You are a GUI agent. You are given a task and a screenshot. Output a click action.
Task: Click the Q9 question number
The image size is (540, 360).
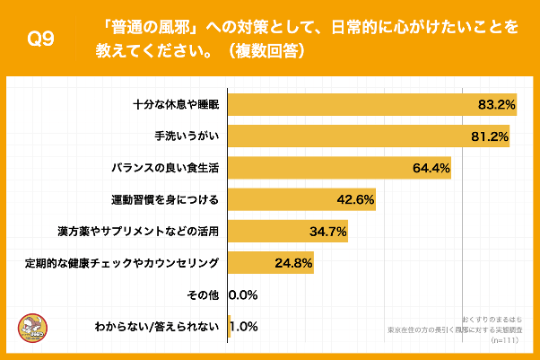pyautogui.click(x=42, y=40)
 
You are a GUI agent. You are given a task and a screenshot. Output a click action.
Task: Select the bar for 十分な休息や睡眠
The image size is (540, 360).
pyautogui.click(x=359, y=105)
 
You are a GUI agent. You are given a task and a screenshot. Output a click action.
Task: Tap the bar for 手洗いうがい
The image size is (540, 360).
pyautogui.click(x=359, y=137)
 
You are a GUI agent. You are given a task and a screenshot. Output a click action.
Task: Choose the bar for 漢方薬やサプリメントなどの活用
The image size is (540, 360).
pyautogui.click(x=269, y=232)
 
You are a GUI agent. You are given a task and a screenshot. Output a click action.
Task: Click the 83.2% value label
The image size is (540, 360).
pyautogui.click(x=496, y=105)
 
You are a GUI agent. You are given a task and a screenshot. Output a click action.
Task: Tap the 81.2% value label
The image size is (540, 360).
pyautogui.click(x=490, y=137)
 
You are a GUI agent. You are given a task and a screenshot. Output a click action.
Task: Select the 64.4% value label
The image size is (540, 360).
pyautogui.click(x=431, y=169)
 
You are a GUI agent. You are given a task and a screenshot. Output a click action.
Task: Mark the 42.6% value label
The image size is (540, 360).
pyautogui.click(x=355, y=199)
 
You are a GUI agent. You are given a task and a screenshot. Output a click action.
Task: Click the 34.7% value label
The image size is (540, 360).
pyautogui.click(x=327, y=232)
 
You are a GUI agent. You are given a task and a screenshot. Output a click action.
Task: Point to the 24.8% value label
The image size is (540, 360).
pyautogui.click(x=293, y=263)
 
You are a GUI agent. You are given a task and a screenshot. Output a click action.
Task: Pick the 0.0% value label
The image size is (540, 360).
pyautogui.click(x=244, y=294)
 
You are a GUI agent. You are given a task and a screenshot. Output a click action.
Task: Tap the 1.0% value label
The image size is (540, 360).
pyautogui.click(x=245, y=326)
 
